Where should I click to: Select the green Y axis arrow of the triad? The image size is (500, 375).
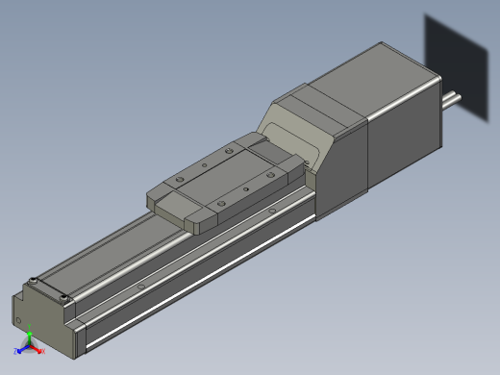tap(29, 337)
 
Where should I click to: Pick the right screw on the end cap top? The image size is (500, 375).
tap(65, 299)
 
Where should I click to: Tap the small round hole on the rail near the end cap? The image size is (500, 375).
tap(140, 285)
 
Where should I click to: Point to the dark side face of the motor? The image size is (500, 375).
tap(404, 144)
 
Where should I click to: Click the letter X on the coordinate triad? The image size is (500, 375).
tap(44, 352)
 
